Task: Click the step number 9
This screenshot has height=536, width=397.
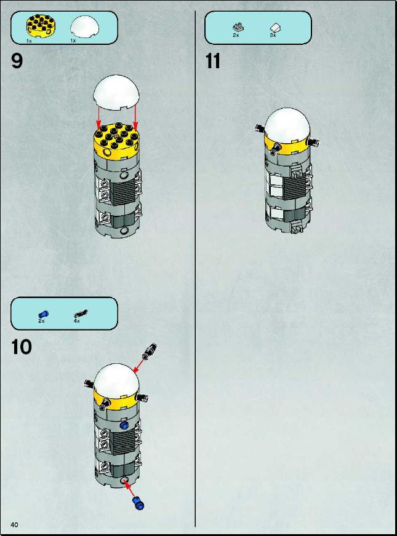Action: [17, 61]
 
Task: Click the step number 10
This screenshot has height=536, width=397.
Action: [22, 347]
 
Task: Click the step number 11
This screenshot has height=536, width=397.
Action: [212, 61]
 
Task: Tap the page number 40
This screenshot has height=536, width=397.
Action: [14, 525]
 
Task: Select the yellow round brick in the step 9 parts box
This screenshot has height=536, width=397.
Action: [41, 26]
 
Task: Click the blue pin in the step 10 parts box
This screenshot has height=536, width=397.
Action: [43, 314]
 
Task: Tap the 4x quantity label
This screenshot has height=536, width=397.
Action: [77, 321]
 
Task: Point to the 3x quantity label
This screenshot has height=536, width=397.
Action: [273, 35]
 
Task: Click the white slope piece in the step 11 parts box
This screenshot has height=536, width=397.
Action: [275, 27]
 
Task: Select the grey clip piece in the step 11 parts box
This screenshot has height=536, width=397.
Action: [238, 26]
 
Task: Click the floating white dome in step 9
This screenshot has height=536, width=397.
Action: [116, 92]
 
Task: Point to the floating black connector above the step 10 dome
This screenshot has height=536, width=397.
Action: [150, 352]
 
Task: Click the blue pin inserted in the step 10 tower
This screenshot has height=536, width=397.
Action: [124, 425]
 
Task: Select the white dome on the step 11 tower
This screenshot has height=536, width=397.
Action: [287, 125]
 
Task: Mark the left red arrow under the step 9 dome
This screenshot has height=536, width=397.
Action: [98, 118]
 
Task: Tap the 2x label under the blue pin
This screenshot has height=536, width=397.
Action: [41, 321]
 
